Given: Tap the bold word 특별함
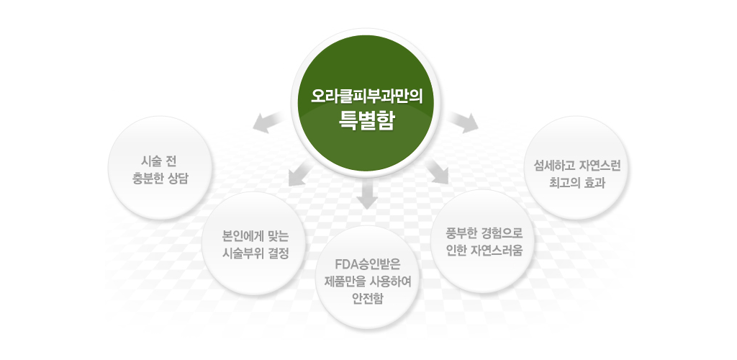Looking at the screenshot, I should tap(367, 120).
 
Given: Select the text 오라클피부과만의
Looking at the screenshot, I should tap(367, 96).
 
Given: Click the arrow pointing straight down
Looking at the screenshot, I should tap(367, 197).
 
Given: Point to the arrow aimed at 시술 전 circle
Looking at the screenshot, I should tap(267, 123).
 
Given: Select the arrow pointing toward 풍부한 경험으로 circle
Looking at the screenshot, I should tap(436, 173).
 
